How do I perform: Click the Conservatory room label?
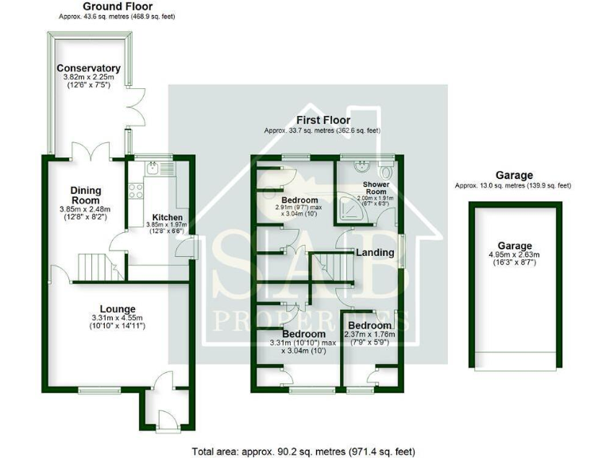(x=88, y=68)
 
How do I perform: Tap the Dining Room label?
(x=87, y=195)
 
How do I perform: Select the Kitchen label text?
(x=168, y=217)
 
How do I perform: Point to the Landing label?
(x=375, y=253)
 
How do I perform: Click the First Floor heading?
(x=323, y=120)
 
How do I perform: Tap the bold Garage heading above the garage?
(x=514, y=175)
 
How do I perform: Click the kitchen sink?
(x=153, y=169)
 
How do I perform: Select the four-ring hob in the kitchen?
(x=136, y=192)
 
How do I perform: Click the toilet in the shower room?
(x=385, y=171)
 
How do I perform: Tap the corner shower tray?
(x=346, y=208)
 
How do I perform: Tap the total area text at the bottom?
(x=304, y=451)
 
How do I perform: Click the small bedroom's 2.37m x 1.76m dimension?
(x=370, y=335)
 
